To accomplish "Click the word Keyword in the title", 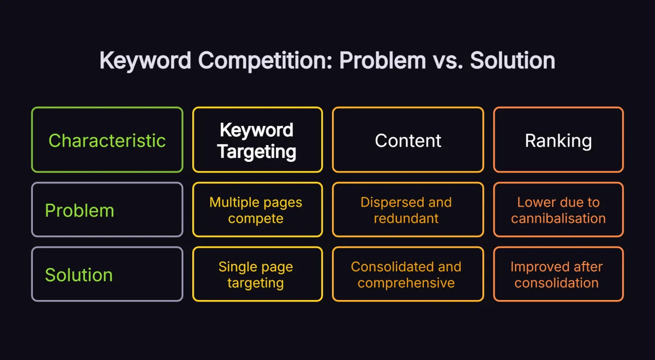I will point(145,61).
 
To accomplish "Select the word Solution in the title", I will point(512,61).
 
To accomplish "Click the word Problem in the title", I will point(383,61).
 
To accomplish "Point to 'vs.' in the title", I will point(448,61).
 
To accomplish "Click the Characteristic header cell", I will point(107,140).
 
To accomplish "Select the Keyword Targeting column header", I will point(257,140).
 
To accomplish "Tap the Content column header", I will point(408,140).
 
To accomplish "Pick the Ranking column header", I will point(558,140).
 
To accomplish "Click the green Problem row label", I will point(80,210).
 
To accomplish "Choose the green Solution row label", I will point(79,274).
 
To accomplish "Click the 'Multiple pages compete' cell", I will point(256,210).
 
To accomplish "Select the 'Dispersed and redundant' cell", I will point(406,210).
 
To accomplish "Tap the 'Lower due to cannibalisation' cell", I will point(558,210).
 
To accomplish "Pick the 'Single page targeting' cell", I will point(256,274).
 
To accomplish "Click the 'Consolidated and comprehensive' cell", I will point(406,274).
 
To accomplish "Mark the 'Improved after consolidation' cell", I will point(557,274).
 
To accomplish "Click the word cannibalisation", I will point(558,218).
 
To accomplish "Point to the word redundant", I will point(406,218).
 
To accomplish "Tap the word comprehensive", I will point(406,283).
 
